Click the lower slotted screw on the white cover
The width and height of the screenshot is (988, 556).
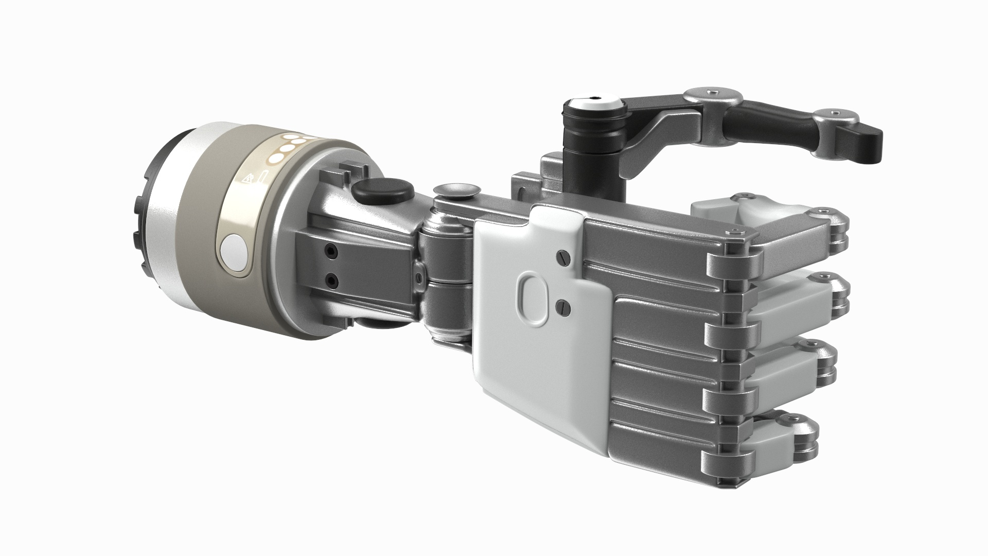click(563, 307)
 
